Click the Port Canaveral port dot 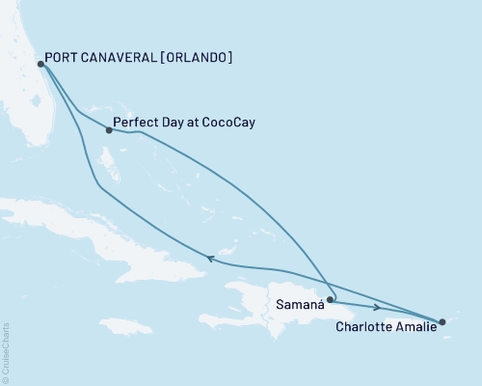(40, 65)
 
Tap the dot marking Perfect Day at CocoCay (109, 130)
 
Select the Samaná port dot (330, 299)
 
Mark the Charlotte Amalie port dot (442, 322)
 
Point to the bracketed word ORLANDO (198, 57)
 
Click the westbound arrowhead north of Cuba (204, 258)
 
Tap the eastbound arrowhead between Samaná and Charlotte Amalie (374, 307)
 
